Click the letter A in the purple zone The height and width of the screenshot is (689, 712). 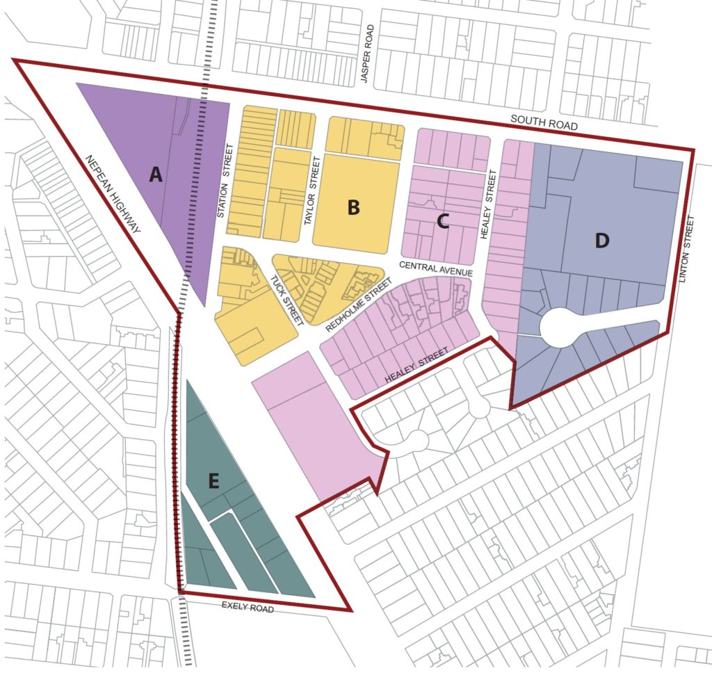tap(156, 174)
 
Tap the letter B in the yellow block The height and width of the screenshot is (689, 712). tap(353, 206)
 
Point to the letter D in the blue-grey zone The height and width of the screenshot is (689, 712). tap(602, 241)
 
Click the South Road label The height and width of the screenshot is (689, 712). tap(544, 121)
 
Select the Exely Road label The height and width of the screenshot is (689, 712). tap(248, 608)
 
